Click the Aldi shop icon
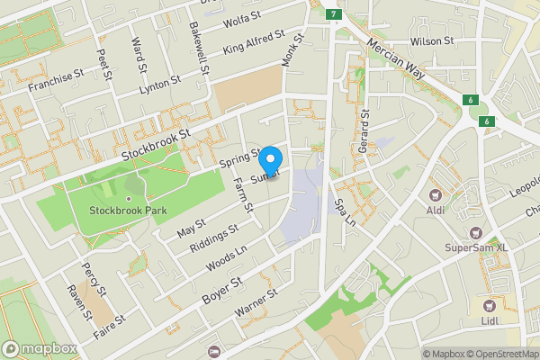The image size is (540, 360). pyautogui.click(x=436, y=194)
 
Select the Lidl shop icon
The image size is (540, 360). pyautogui.click(x=491, y=306)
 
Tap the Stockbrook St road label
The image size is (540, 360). pyautogui.click(x=158, y=145)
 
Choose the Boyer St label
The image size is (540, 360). pyautogui.click(x=223, y=287)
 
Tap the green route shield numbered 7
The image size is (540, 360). pyautogui.click(x=334, y=14)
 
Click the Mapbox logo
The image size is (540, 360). pyautogui.click(x=39, y=348)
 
